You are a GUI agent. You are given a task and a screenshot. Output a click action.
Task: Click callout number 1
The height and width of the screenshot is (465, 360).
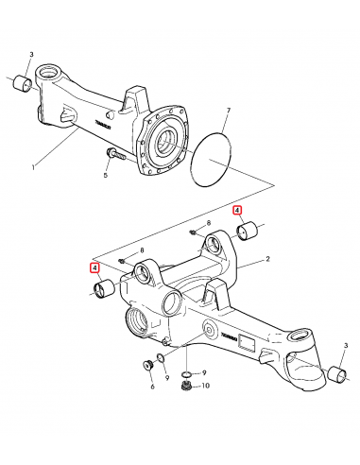(34, 169)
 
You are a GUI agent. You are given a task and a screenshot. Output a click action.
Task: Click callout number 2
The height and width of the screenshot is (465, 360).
(268, 258)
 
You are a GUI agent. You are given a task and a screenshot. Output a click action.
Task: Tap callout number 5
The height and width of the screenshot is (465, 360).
(105, 176)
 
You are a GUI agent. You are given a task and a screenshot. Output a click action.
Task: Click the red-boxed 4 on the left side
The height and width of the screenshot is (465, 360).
(95, 267)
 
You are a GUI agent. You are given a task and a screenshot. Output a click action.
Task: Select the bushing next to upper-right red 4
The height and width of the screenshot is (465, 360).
(250, 231)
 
